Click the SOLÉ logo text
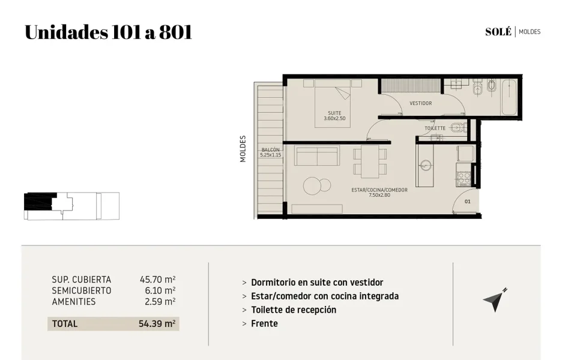click(498, 32)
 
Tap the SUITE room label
click(334, 113)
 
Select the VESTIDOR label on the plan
click(421, 103)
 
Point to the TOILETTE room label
click(435, 128)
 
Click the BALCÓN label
click(271, 150)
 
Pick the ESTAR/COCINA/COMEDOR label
click(379, 190)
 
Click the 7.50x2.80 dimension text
click(379, 195)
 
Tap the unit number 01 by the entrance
click(467, 202)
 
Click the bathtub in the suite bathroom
click(509, 97)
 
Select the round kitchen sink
click(426, 165)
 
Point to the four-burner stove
click(464, 179)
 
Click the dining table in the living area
click(370, 161)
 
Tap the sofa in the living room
click(317, 155)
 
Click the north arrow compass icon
click(495, 300)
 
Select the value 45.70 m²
click(157, 280)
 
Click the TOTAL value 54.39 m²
click(157, 324)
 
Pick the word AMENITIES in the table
click(74, 302)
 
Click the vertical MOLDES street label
click(243, 149)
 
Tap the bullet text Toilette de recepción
click(294, 310)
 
